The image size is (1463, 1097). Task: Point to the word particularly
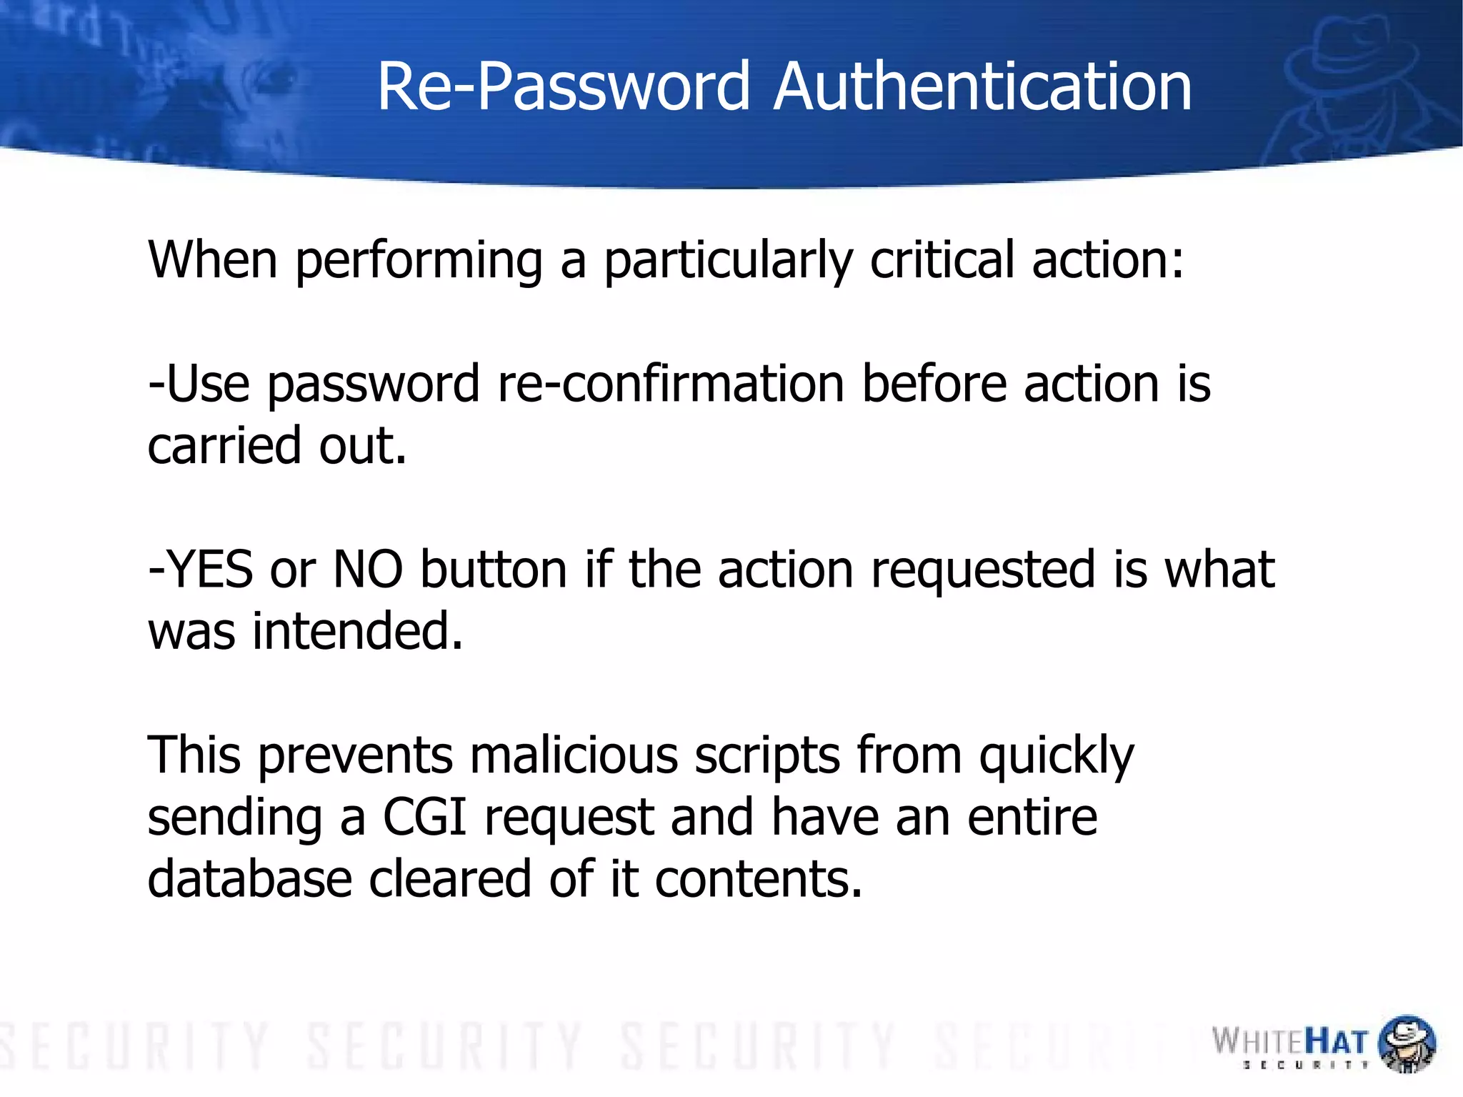[x=729, y=260]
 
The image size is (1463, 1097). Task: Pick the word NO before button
[x=368, y=570]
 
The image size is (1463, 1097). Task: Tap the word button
[x=494, y=570]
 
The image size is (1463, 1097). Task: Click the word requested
[x=983, y=571]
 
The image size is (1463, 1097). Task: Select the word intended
[x=358, y=631]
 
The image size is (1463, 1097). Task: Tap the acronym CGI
[x=425, y=817]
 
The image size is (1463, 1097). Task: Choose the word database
[x=249, y=878]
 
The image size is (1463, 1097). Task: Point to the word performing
[x=419, y=260]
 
